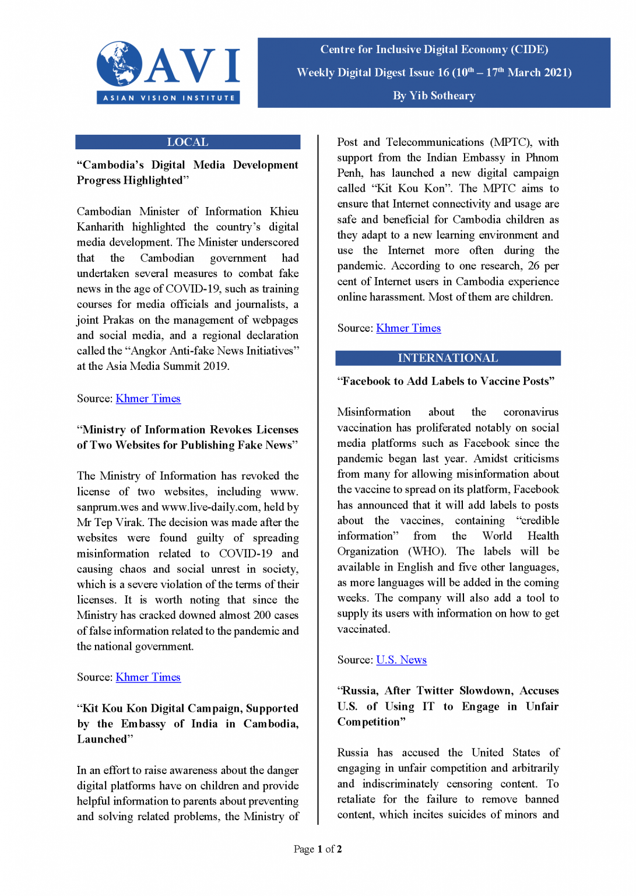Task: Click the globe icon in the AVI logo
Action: [x=120, y=64]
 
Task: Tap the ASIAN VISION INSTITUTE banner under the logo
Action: [x=168, y=98]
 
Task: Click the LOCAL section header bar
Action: [x=188, y=142]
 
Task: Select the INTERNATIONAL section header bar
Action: [x=448, y=358]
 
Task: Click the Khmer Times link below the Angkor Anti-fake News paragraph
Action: [x=148, y=398]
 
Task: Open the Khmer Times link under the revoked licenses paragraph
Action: [x=148, y=677]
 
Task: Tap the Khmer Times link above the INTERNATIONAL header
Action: [x=408, y=328]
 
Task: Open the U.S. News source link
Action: [x=401, y=660]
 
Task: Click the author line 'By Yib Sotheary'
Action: [x=434, y=96]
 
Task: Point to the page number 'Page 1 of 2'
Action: [x=318, y=849]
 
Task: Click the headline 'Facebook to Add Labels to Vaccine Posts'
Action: [x=446, y=381]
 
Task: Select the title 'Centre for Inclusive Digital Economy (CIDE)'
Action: [x=434, y=50]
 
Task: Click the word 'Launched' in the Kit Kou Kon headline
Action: [x=103, y=739]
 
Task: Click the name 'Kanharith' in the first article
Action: [x=100, y=227]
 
